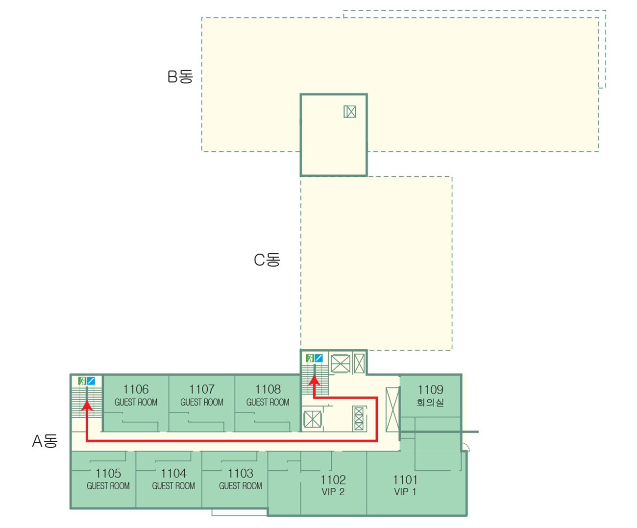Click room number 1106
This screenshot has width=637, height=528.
pyautogui.click(x=136, y=389)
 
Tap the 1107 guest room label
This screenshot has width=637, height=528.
pyautogui.click(x=202, y=395)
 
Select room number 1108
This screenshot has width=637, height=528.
pyautogui.click(x=268, y=389)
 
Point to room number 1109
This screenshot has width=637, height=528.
pyautogui.click(x=430, y=390)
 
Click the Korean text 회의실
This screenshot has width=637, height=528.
pyautogui.click(x=430, y=403)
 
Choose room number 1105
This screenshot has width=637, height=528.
pyautogui.click(x=108, y=474)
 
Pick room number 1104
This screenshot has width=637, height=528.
pyautogui.click(x=173, y=474)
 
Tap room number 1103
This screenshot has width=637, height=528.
pyautogui.click(x=241, y=474)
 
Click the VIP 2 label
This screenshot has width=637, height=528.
pyautogui.click(x=333, y=492)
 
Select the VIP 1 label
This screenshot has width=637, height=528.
pyautogui.click(x=405, y=492)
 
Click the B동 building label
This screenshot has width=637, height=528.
pyautogui.click(x=180, y=77)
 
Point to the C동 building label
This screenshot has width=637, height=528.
pyautogui.click(x=267, y=260)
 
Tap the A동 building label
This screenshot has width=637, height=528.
pyautogui.click(x=45, y=441)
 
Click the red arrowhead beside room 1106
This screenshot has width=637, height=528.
pyautogui.click(x=87, y=406)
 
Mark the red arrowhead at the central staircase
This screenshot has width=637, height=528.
pyautogui.click(x=314, y=381)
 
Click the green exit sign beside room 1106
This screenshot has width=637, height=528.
pyautogui.click(x=82, y=381)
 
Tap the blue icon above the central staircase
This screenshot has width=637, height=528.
pyautogui.click(x=318, y=358)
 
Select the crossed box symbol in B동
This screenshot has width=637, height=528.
pyautogui.click(x=350, y=112)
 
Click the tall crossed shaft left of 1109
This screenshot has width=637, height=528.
pyautogui.click(x=392, y=409)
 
